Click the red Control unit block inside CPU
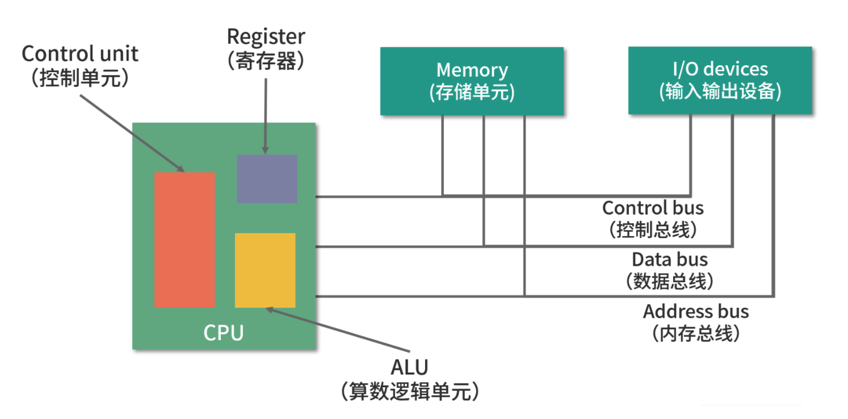[x=184, y=240]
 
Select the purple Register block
[x=267, y=179]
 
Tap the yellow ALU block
[x=265, y=270]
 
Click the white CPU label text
[x=224, y=333]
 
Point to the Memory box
[x=472, y=81]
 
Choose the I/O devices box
[x=720, y=81]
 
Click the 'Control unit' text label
[x=80, y=54]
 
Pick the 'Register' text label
[x=266, y=36]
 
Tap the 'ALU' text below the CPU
[x=409, y=367]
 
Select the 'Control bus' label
[x=653, y=208]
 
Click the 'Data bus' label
[x=670, y=259]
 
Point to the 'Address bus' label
[x=696, y=311]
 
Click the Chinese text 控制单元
[x=80, y=78]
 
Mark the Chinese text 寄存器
[x=266, y=61]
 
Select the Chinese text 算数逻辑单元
[x=409, y=392]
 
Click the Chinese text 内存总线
[x=696, y=333]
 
